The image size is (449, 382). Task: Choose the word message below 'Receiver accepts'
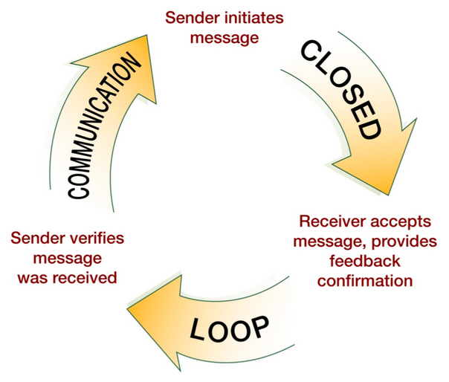[323, 242]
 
